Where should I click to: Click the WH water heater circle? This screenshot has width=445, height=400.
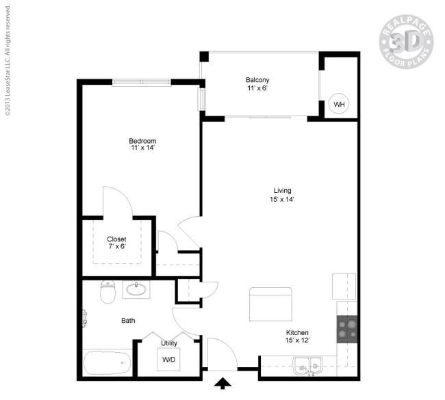339,104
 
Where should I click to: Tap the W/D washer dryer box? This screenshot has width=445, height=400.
168,360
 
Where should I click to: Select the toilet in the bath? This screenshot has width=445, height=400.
108,292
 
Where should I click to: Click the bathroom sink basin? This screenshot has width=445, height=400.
136,289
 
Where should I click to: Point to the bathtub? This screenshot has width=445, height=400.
107,363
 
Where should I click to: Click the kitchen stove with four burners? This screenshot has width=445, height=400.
347,329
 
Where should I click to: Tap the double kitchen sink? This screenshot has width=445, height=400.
308,366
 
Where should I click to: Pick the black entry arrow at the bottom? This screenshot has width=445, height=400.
222,384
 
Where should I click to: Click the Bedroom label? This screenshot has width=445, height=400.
142,141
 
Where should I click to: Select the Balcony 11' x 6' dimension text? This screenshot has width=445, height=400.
257,88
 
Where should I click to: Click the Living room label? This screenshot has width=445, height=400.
282,191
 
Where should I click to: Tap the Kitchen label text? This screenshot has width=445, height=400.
297,332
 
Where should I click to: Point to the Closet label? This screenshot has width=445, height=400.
116,239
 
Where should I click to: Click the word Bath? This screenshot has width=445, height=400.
128,321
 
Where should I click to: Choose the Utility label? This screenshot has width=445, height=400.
169,343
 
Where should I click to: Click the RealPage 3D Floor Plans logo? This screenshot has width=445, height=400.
406,42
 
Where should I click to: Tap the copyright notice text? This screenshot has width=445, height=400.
8,59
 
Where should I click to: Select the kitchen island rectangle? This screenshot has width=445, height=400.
270,304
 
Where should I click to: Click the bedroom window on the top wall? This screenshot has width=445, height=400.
142,82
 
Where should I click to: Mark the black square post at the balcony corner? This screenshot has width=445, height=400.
204,57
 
